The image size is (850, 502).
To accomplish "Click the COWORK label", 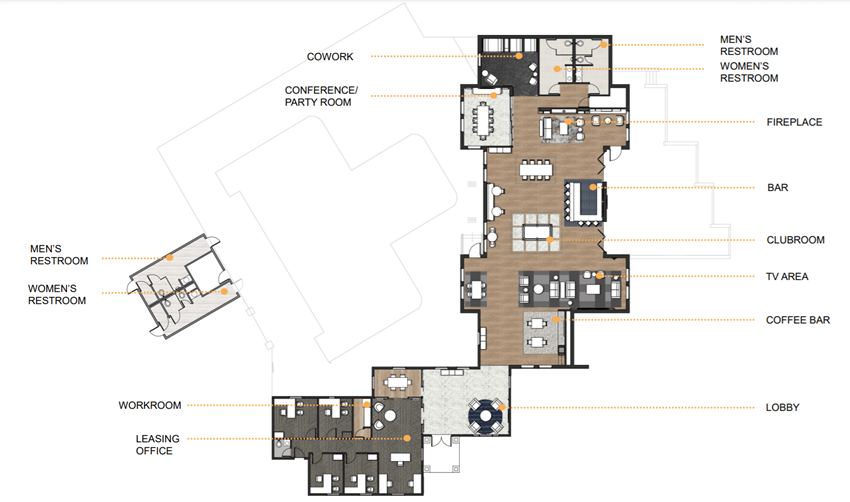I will tap(328, 56).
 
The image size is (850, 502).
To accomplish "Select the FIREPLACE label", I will tap(794, 122).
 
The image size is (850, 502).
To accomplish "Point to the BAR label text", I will tap(777, 187).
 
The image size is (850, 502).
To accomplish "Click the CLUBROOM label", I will tap(794, 240).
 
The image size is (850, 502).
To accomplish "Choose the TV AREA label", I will tap(787, 276).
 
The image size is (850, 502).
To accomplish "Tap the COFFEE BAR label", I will tap(798, 320).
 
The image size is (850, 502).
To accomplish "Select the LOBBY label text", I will tap(782, 408).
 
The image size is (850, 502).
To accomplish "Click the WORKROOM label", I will tap(150, 405).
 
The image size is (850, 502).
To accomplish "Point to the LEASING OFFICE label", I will tap(154, 444).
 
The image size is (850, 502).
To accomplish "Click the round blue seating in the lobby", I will tap(486, 413).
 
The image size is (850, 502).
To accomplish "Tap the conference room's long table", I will tap(486, 119).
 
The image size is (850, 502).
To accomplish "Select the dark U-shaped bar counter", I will tap(585, 201).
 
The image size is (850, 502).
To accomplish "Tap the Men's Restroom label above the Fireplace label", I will tap(749, 45).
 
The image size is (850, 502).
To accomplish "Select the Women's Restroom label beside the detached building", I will tap(57, 295).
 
